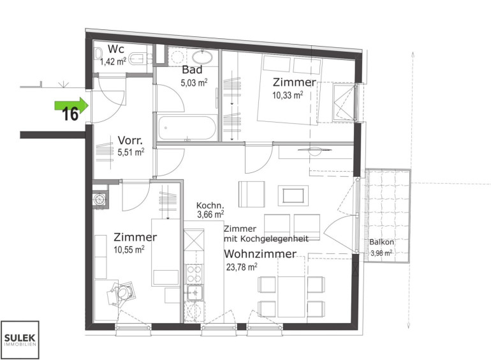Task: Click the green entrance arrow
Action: [71, 105]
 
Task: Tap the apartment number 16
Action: [70, 114]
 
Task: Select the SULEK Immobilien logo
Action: [20, 340]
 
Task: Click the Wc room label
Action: [116, 49]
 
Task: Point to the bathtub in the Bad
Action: [187, 128]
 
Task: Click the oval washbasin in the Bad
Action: [202, 57]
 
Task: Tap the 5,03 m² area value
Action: [194, 83]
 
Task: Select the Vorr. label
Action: [130, 140]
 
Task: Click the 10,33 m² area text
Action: [288, 95]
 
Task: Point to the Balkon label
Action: [381, 242]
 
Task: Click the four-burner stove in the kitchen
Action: [194, 274]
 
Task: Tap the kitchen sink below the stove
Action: [194, 293]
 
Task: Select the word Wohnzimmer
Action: [260, 253]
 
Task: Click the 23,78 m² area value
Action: [242, 267]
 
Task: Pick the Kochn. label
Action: [210, 206]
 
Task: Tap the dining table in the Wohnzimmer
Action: [291, 296]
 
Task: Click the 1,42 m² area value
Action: [113, 61]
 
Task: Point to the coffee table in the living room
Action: [293, 196]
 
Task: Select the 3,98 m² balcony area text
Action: [381, 253]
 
